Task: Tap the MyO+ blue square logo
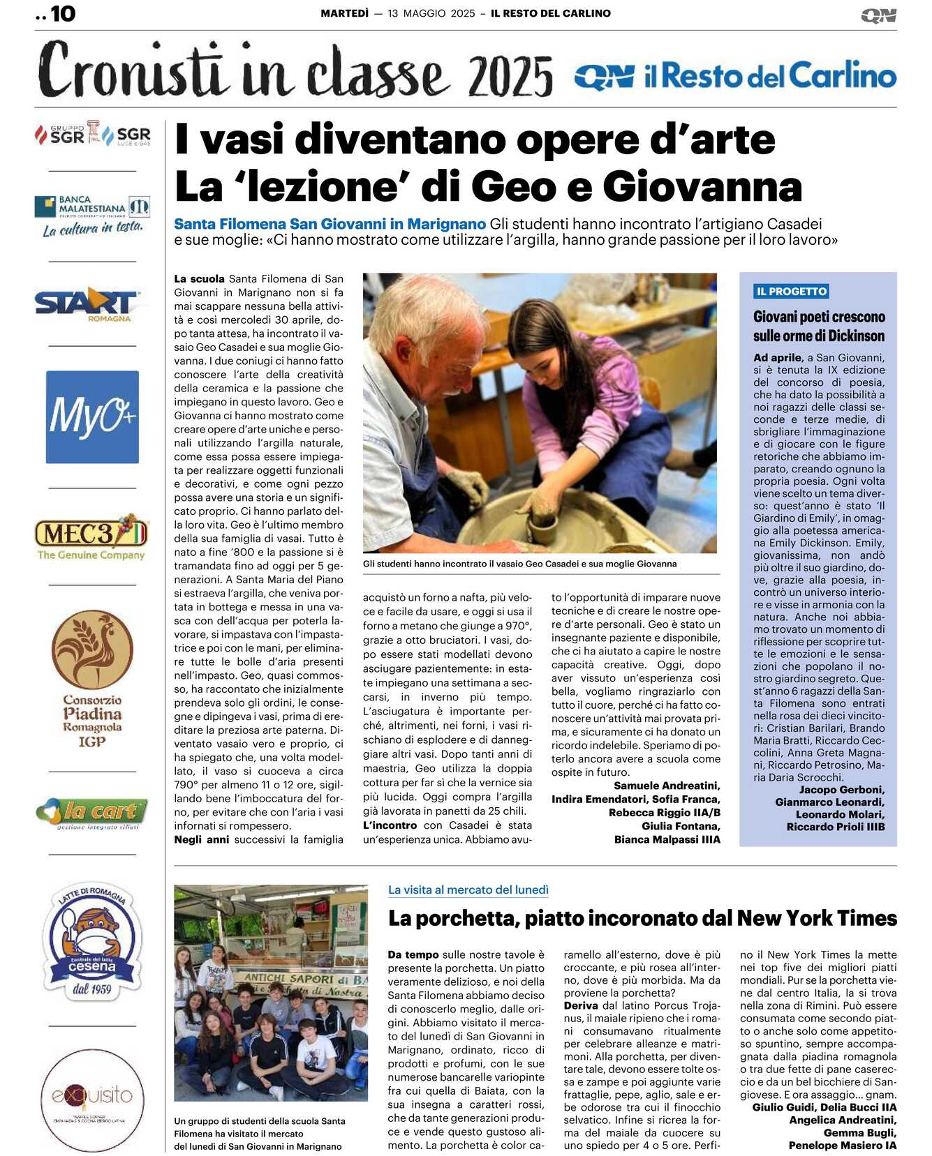(x=92, y=417)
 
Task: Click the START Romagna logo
(x=87, y=305)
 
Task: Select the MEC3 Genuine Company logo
(x=91, y=538)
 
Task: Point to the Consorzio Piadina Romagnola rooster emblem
(x=92, y=650)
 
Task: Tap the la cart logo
(x=92, y=813)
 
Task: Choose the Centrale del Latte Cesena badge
(x=92, y=939)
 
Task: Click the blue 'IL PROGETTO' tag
(x=792, y=292)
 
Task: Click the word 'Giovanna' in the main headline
(x=702, y=187)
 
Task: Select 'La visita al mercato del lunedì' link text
(x=468, y=890)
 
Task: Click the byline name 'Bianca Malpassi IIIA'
(x=667, y=839)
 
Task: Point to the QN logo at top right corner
(x=878, y=15)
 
